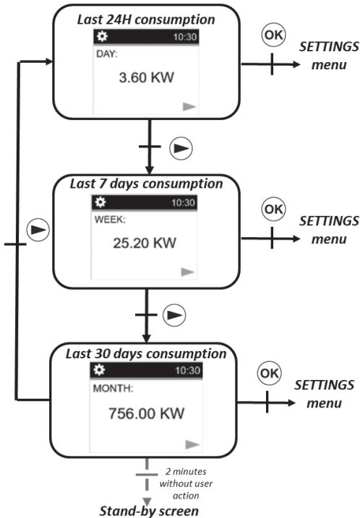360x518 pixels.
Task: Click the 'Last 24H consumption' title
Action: click(x=147, y=19)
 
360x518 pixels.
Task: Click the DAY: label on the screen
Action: click(x=106, y=53)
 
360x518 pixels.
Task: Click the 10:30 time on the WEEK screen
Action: click(x=184, y=203)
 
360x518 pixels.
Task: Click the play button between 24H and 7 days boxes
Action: click(x=181, y=147)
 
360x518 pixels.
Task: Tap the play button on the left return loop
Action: click(x=38, y=231)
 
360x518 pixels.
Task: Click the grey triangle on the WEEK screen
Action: click(x=188, y=272)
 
